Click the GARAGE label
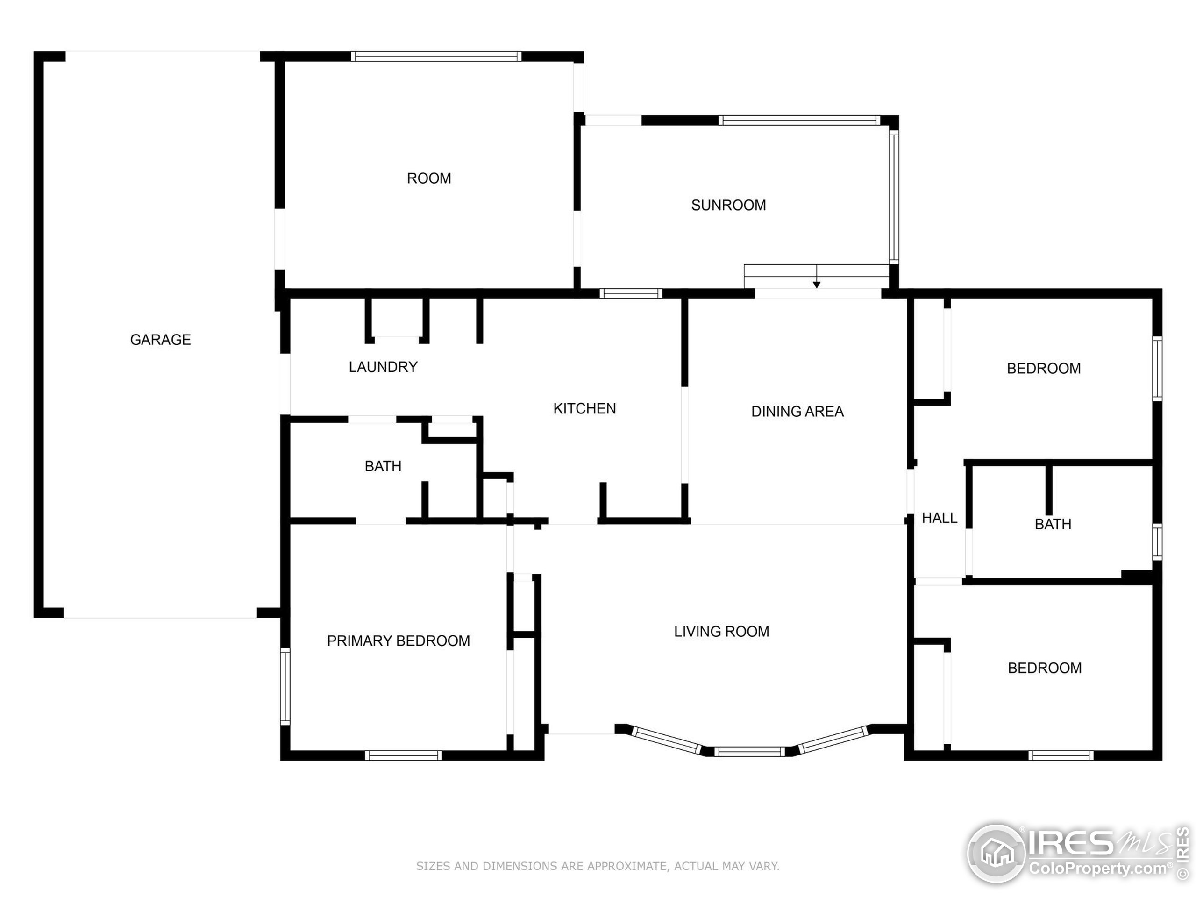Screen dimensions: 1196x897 [x=161, y=340]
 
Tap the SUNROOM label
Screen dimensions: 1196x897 [x=728, y=206]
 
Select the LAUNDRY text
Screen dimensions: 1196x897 [x=384, y=367]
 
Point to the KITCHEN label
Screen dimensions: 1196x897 [x=584, y=409]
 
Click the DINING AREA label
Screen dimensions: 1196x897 [x=797, y=412]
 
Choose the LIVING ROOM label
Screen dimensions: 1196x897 [x=721, y=632]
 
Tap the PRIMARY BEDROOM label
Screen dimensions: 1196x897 [x=399, y=641]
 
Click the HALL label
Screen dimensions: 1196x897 [x=939, y=518]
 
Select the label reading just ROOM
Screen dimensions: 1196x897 [x=429, y=178]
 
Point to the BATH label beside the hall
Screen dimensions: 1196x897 [x=1053, y=524]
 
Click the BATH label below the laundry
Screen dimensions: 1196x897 [x=383, y=466]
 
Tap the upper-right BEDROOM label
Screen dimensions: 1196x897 [x=1044, y=369]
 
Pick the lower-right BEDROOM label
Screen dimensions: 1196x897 [x=1045, y=668]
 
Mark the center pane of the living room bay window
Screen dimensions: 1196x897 [x=749, y=751]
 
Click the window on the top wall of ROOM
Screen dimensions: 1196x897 [x=436, y=56]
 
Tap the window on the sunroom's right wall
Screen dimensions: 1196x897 [x=894, y=198]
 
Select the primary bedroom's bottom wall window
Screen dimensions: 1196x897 [x=403, y=755]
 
